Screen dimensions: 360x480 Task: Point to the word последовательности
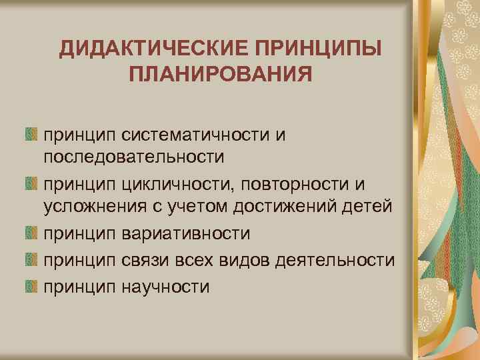coord(132,157)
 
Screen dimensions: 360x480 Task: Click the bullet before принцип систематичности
coord(31,135)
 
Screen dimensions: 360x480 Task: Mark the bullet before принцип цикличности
coord(31,183)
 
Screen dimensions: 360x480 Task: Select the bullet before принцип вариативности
coord(31,234)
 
